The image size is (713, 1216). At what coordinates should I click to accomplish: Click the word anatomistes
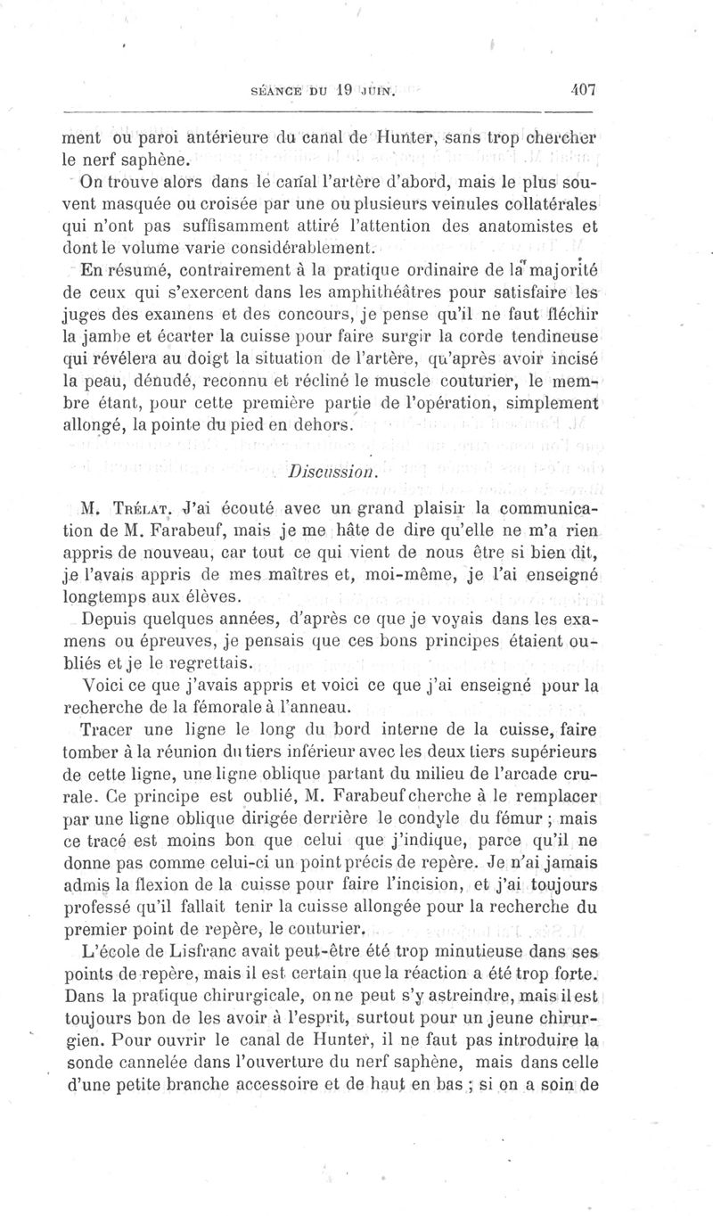point(516,226)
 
